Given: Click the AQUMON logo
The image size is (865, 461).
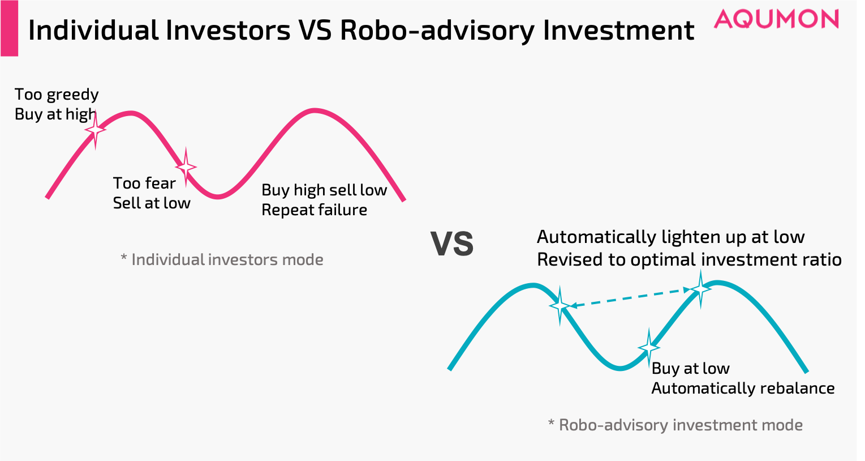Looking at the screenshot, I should pyautogui.click(x=776, y=19).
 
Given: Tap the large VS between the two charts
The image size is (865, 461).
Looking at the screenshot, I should pyautogui.click(x=452, y=244).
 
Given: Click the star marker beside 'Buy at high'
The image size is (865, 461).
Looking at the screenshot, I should pyautogui.click(x=96, y=130).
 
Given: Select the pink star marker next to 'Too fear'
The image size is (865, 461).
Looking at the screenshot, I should pyautogui.click(x=186, y=167).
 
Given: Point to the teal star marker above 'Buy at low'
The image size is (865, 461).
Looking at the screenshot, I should pyautogui.click(x=649, y=347).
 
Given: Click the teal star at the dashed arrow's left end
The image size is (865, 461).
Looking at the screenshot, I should pyautogui.click(x=560, y=305).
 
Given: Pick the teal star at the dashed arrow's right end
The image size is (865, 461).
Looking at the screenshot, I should pyautogui.click(x=700, y=289).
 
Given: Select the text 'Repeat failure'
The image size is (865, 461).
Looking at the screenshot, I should pyautogui.click(x=314, y=210).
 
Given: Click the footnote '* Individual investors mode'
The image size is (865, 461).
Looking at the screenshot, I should pyautogui.click(x=222, y=260).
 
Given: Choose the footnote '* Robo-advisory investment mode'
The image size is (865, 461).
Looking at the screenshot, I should pyautogui.click(x=675, y=425).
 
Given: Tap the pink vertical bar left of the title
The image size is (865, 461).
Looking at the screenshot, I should pyautogui.click(x=9, y=28).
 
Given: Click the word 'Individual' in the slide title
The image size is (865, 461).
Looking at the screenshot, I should pyautogui.click(x=93, y=31).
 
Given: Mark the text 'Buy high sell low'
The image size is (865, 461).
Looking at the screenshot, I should pyautogui.click(x=324, y=190).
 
